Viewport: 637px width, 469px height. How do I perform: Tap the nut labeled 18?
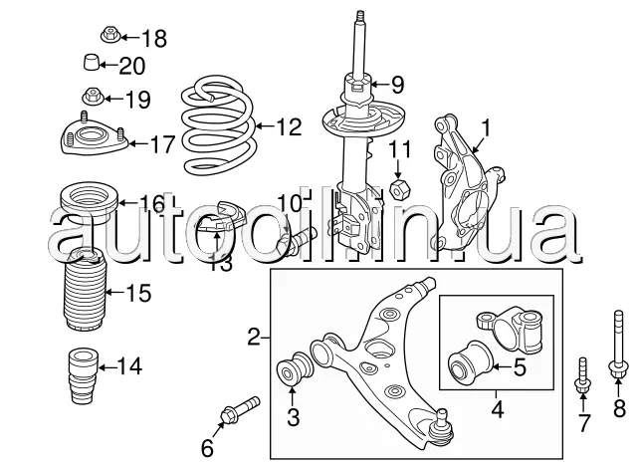pyautogui.click(x=106, y=37)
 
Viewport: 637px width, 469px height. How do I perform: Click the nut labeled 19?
pyautogui.click(x=90, y=98)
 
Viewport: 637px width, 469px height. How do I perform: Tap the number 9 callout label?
pyautogui.click(x=397, y=83)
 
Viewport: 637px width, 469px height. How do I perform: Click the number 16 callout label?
pyautogui.click(x=151, y=203)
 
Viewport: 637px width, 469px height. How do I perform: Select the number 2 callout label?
pyautogui.click(x=254, y=338)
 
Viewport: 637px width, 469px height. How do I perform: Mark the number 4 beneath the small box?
pyautogui.click(x=495, y=408)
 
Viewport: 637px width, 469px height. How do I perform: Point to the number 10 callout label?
pyautogui.click(x=288, y=203)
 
